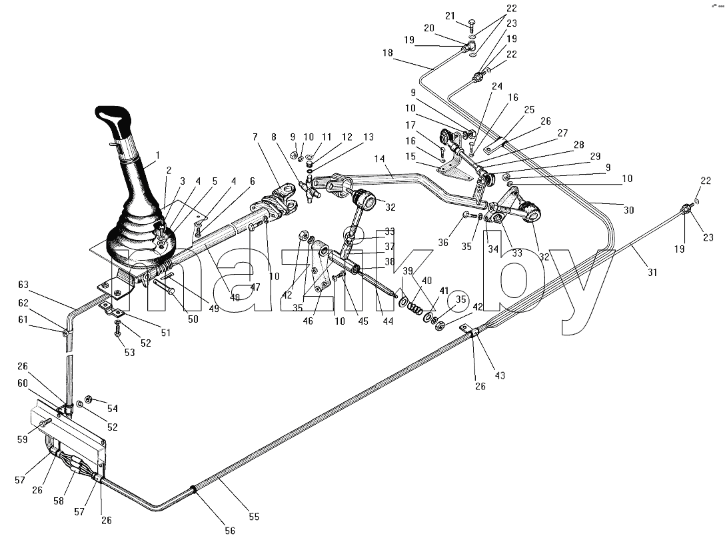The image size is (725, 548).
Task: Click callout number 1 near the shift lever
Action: click(157, 155)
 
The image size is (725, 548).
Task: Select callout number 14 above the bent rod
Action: click(379, 159)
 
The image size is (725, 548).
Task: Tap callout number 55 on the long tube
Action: click(254, 517)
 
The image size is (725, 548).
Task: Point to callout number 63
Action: click(23, 285)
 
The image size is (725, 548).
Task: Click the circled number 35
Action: click(460, 299)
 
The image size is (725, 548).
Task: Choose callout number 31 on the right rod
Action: click(652, 273)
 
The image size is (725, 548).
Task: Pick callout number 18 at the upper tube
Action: click(387, 53)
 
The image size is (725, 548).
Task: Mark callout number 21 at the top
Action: click(450, 16)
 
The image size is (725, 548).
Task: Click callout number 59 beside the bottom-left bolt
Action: click(23, 440)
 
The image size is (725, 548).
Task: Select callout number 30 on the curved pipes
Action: click(628, 210)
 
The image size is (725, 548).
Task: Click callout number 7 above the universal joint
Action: click(255, 137)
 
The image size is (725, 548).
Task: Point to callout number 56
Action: click(230, 531)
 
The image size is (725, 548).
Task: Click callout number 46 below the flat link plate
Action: click(307, 321)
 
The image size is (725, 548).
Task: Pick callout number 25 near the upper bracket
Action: click(529, 109)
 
